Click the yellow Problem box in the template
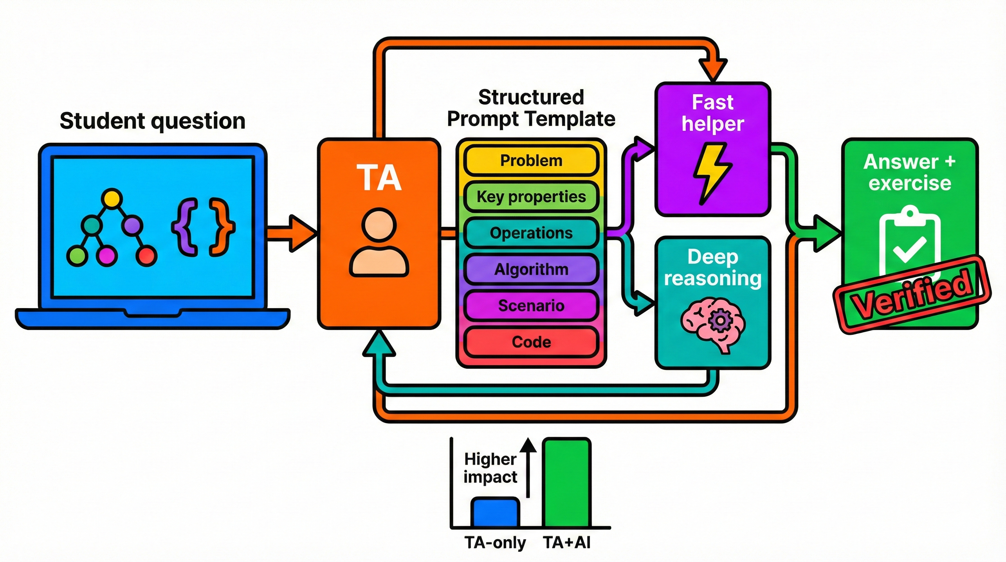click(x=531, y=161)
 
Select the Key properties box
click(x=531, y=196)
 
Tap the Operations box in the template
click(x=531, y=233)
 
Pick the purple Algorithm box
click(x=531, y=269)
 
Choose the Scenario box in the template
click(x=531, y=306)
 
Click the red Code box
click(x=531, y=342)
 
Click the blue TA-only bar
click(x=496, y=512)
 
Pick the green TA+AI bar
click(x=566, y=483)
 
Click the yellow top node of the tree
click(x=112, y=198)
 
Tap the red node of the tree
click(x=147, y=256)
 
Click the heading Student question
click(x=152, y=121)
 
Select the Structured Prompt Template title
click(x=531, y=108)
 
